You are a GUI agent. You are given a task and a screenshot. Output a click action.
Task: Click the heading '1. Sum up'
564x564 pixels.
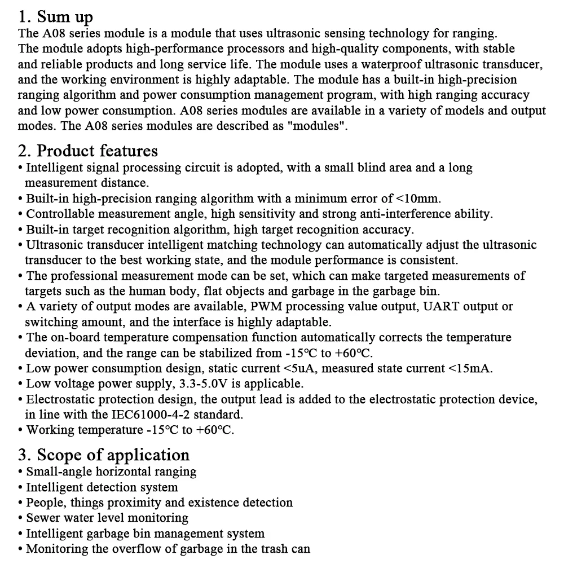(x=55, y=17)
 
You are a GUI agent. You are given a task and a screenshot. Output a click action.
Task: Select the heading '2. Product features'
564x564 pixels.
(x=88, y=151)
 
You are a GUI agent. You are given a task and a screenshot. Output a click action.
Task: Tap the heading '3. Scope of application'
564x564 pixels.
(x=104, y=455)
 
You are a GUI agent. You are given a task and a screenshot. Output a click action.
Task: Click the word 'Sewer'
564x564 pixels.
(x=44, y=518)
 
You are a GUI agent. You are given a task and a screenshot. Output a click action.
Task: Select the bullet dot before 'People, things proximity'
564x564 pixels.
(x=21, y=503)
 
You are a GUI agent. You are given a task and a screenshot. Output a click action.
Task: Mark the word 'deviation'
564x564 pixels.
(x=49, y=354)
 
